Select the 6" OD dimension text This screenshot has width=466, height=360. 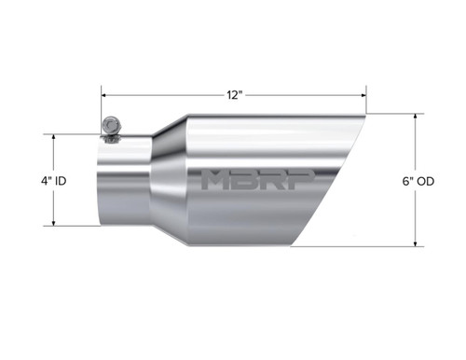click(435, 180)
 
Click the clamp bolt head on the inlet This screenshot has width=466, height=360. click(110, 124)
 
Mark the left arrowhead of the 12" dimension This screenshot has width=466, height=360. click(105, 95)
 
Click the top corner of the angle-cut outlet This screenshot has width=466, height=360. click(363, 115)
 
